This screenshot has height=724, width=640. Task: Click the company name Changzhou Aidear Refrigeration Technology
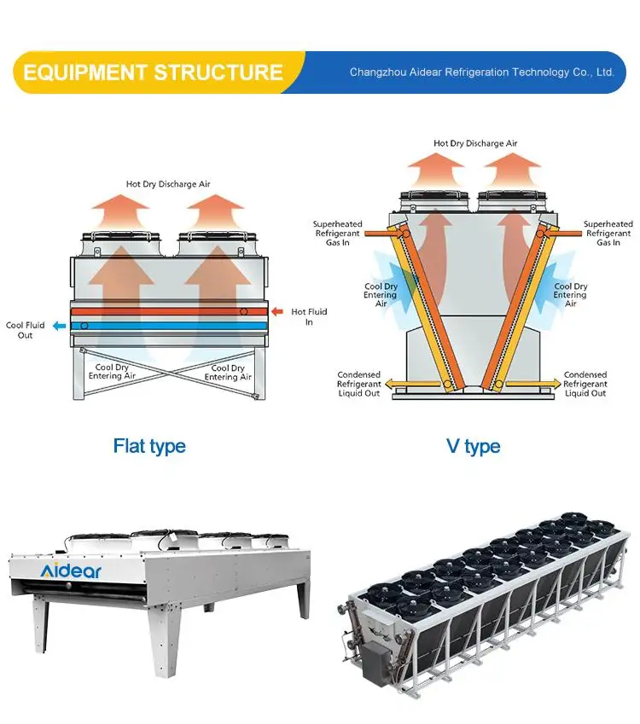481,72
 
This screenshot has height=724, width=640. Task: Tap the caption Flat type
149,446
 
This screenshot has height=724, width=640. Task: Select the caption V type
473,446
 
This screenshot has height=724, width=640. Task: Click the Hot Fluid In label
309,317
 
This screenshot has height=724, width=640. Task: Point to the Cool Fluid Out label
26,330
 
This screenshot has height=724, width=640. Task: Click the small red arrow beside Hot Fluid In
277,312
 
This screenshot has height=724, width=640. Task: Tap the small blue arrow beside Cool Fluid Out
58,326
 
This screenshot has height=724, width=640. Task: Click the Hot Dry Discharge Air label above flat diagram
168,183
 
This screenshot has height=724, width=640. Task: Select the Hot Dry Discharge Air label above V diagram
475,143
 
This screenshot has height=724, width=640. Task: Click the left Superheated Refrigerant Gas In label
338,234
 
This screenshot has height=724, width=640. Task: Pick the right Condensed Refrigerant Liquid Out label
585,384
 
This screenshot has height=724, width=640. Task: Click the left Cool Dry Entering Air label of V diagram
381,295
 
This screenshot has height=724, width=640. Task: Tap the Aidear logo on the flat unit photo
70,570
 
